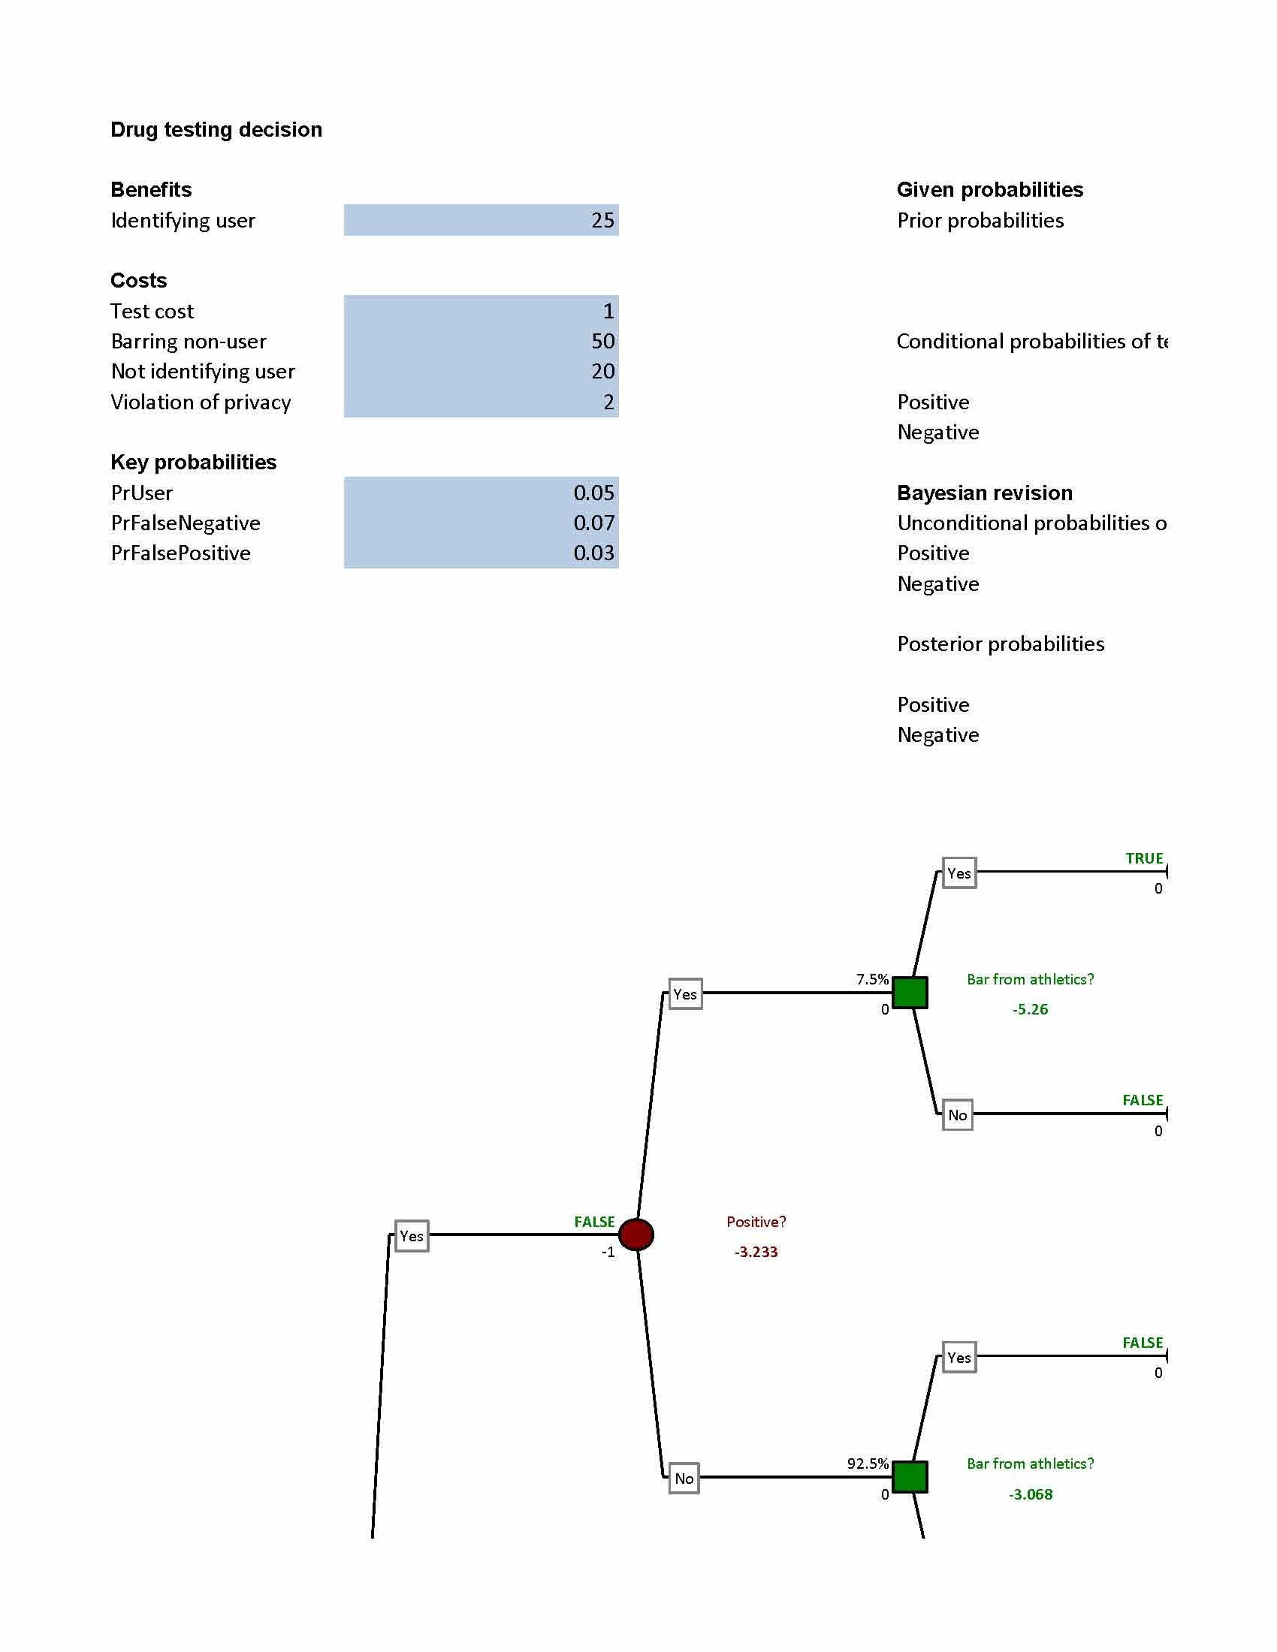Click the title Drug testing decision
(x=216, y=129)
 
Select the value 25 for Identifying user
(x=602, y=220)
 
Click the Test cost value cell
(x=482, y=311)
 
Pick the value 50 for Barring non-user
(x=602, y=341)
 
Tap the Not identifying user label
(x=202, y=372)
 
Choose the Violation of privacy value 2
(x=608, y=402)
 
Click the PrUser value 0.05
(x=593, y=493)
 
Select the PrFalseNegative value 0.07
(x=593, y=523)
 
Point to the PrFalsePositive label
(x=180, y=553)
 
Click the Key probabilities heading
(x=193, y=462)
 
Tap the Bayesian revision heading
(x=984, y=493)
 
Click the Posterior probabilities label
(x=1000, y=644)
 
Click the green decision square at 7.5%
(x=910, y=993)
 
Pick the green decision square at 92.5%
(x=910, y=1476)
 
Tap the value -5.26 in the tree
(x=1030, y=1009)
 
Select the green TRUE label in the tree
(x=1144, y=858)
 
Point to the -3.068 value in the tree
(x=1030, y=1494)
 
